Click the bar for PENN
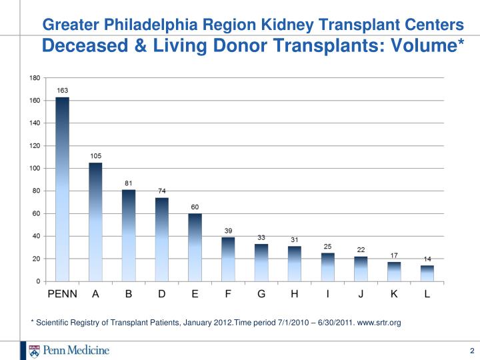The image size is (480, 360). click(62, 189)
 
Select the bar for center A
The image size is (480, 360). click(95, 222)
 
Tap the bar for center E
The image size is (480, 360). click(195, 247)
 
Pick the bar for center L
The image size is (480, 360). click(427, 273)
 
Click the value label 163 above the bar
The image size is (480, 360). click(63, 90)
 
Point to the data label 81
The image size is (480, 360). click(129, 183)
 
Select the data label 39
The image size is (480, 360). click(228, 231)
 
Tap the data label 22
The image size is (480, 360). click(361, 250)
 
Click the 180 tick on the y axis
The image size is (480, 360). click(35, 78)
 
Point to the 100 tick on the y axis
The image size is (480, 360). click(35, 168)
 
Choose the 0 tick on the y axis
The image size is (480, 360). click(38, 281)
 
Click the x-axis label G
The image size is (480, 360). click(261, 294)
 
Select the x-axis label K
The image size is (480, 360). click(394, 294)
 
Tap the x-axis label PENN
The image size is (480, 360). click(63, 294)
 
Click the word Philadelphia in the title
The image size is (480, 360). click(151, 25)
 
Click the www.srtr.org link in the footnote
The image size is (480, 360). click(379, 323)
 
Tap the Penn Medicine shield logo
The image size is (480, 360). click(34, 351)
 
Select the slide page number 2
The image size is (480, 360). click(472, 351)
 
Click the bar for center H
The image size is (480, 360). click(295, 263)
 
